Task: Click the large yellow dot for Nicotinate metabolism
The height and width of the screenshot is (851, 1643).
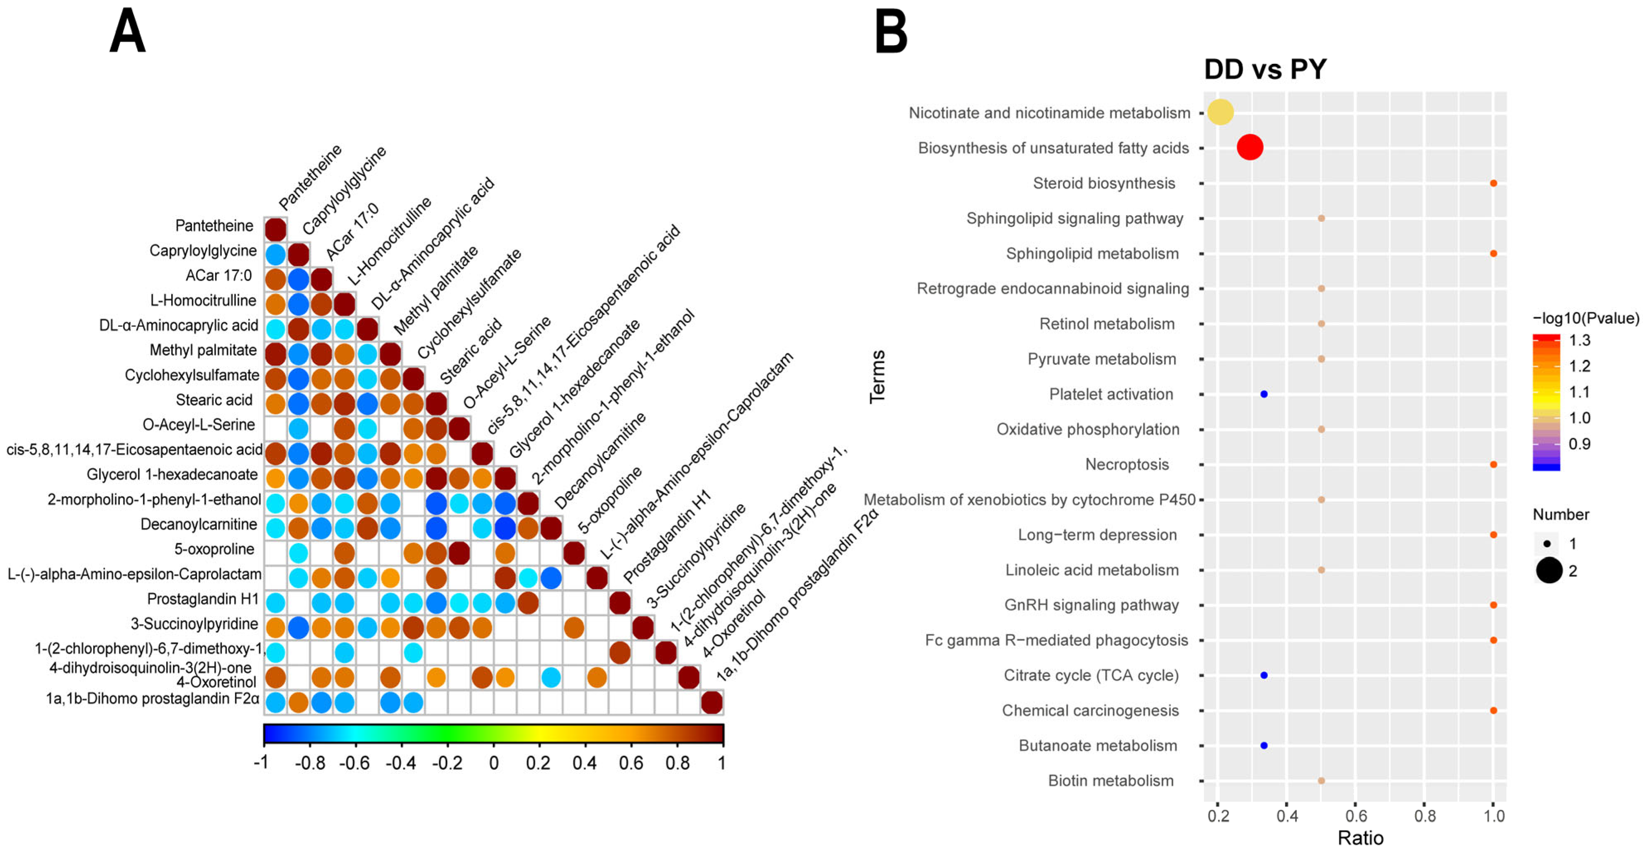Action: click(x=1220, y=112)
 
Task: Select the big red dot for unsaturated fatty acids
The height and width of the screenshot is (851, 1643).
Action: click(x=1250, y=148)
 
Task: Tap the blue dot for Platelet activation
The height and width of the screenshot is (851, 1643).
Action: click(x=1264, y=394)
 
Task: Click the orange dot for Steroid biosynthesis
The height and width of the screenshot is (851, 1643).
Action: click(x=1493, y=183)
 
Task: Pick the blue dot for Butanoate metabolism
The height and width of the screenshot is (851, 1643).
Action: click(x=1264, y=745)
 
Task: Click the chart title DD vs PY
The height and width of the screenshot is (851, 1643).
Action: click(x=1265, y=69)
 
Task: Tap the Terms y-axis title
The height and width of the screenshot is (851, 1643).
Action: click(x=878, y=376)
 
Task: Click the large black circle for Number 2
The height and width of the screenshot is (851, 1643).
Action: click(x=1548, y=570)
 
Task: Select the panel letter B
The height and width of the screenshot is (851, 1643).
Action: click(x=891, y=32)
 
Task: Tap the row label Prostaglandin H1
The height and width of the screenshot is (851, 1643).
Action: click(x=202, y=599)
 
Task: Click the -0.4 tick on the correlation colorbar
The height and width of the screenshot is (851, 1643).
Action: click(x=400, y=763)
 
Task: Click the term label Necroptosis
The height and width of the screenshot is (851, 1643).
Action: click(x=1126, y=464)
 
